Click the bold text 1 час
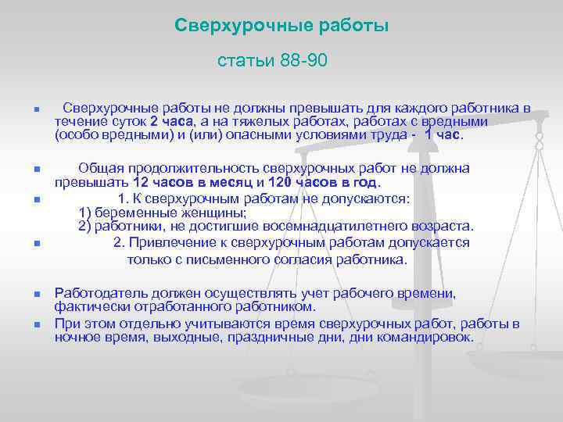pyautogui.click(x=443, y=134)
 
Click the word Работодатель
pyautogui.click(x=101, y=293)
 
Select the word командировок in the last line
pyautogui.click(x=425, y=338)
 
